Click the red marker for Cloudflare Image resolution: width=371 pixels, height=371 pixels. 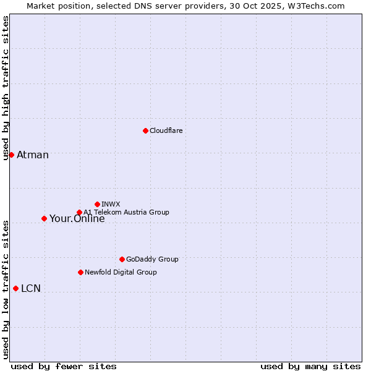(145, 130)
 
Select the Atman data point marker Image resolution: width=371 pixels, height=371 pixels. (11, 155)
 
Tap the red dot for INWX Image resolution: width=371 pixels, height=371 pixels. (97, 204)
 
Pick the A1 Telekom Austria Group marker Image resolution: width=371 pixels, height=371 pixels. (79, 212)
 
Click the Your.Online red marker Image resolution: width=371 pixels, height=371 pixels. (44, 218)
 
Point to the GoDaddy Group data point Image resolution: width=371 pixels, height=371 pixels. (122, 259)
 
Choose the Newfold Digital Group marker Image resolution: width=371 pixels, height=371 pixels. (80, 272)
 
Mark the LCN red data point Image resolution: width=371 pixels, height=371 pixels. (15, 288)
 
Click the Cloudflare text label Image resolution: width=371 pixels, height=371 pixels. (166, 130)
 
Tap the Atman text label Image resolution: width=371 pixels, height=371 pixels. (33, 155)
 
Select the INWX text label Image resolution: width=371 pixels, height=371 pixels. (111, 204)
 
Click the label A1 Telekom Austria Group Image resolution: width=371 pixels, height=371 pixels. (126, 212)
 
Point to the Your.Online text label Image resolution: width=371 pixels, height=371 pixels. (77, 219)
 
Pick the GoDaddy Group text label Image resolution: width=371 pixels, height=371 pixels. (152, 259)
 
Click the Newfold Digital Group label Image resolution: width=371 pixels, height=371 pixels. (121, 272)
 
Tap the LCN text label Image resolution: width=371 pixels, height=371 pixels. (31, 288)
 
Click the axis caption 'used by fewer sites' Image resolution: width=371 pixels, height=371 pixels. (64, 366)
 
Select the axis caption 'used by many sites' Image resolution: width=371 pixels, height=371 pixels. (310, 366)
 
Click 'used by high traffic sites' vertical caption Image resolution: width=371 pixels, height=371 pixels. (6, 88)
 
